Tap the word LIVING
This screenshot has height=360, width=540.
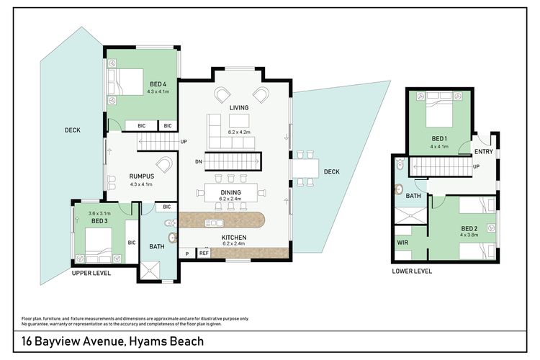pyautogui.click(x=238, y=108)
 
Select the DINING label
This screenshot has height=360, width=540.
pyautogui.click(x=230, y=192)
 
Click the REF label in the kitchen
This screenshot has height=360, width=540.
pyautogui.click(x=204, y=253)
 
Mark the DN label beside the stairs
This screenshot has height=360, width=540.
pyautogui.click(x=199, y=162)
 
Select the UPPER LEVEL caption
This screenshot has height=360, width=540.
pyautogui.click(x=91, y=274)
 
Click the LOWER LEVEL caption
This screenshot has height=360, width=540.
pyautogui.click(x=412, y=271)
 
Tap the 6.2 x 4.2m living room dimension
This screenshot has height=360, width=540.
pyautogui.click(x=238, y=132)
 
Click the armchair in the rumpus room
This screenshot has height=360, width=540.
pyautogui.click(x=164, y=165)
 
